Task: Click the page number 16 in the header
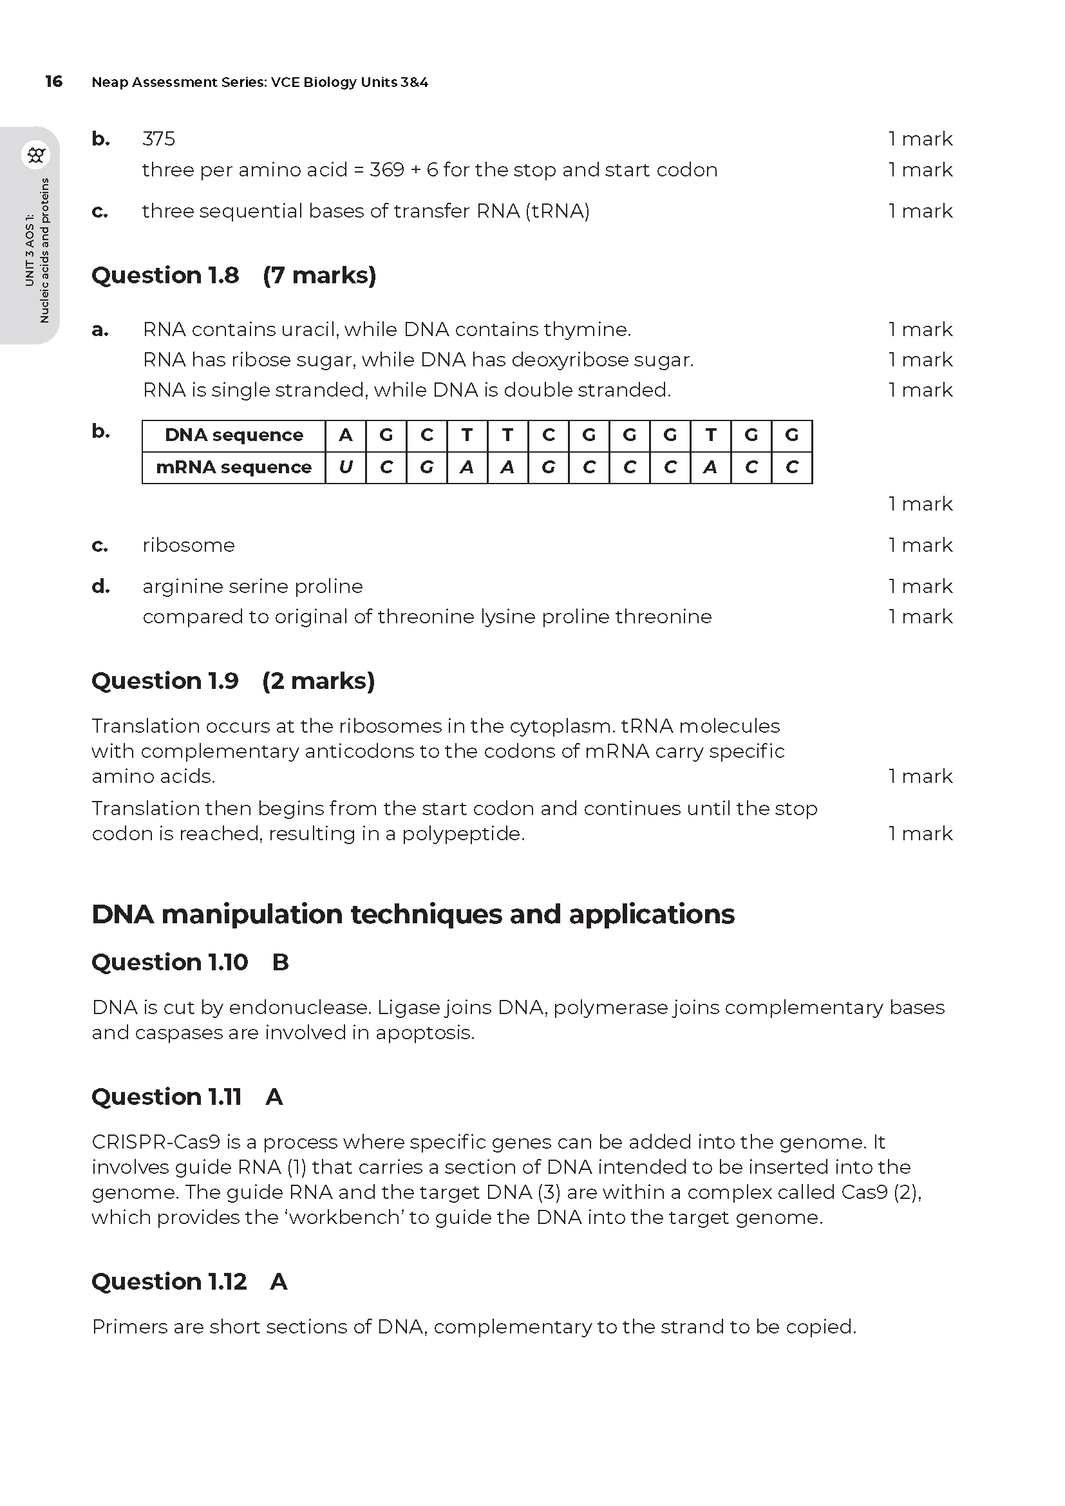(x=54, y=81)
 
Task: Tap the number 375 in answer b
(x=158, y=139)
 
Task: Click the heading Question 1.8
(x=165, y=275)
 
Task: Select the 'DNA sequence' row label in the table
(x=234, y=435)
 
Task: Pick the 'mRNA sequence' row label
(x=234, y=467)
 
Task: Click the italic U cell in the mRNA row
(x=346, y=467)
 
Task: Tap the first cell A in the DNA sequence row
(x=346, y=435)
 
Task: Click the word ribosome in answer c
(x=188, y=545)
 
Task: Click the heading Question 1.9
(x=165, y=681)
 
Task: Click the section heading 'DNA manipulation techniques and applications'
(x=413, y=914)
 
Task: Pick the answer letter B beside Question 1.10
(x=280, y=962)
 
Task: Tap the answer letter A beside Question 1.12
(x=278, y=1282)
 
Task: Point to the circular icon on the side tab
(x=36, y=155)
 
